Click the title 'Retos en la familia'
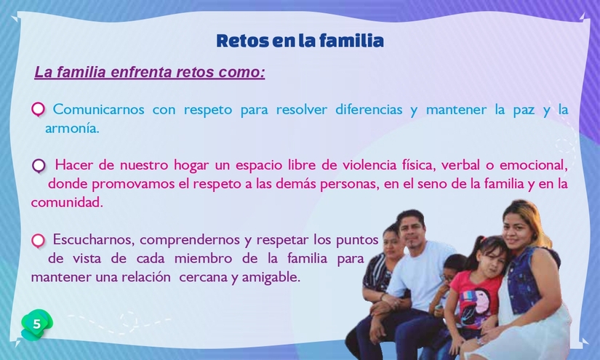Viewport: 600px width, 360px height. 300,41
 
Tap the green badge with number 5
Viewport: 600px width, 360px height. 36,324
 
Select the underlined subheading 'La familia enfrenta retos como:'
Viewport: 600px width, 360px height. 150,73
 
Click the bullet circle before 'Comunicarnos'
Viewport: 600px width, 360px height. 39,110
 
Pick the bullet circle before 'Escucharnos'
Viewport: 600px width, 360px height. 39,240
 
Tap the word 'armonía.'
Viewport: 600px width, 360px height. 71,129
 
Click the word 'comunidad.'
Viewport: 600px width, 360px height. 67,203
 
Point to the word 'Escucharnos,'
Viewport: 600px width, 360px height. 92,239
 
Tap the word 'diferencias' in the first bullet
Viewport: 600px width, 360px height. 369,110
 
